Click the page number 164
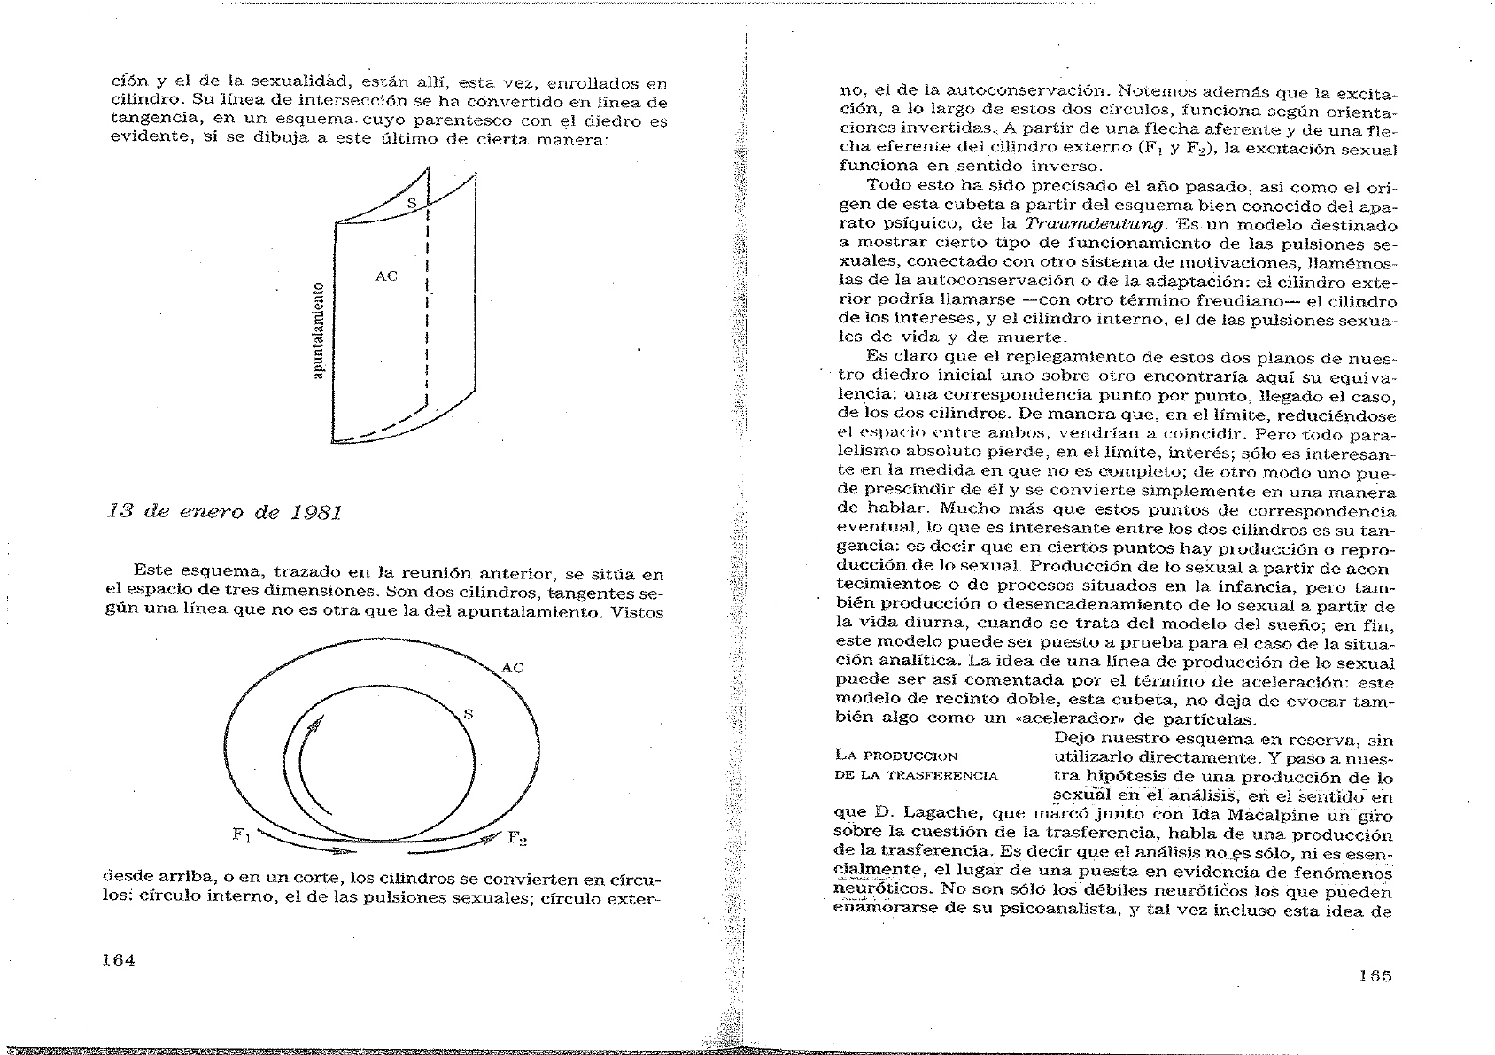(x=118, y=959)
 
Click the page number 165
(x=1375, y=975)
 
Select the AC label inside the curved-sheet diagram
(x=386, y=276)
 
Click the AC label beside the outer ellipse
(x=512, y=667)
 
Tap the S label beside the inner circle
(x=469, y=714)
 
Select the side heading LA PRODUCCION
(x=896, y=756)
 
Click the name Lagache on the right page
(x=933, y=814)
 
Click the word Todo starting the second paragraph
(x=889, y=184)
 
